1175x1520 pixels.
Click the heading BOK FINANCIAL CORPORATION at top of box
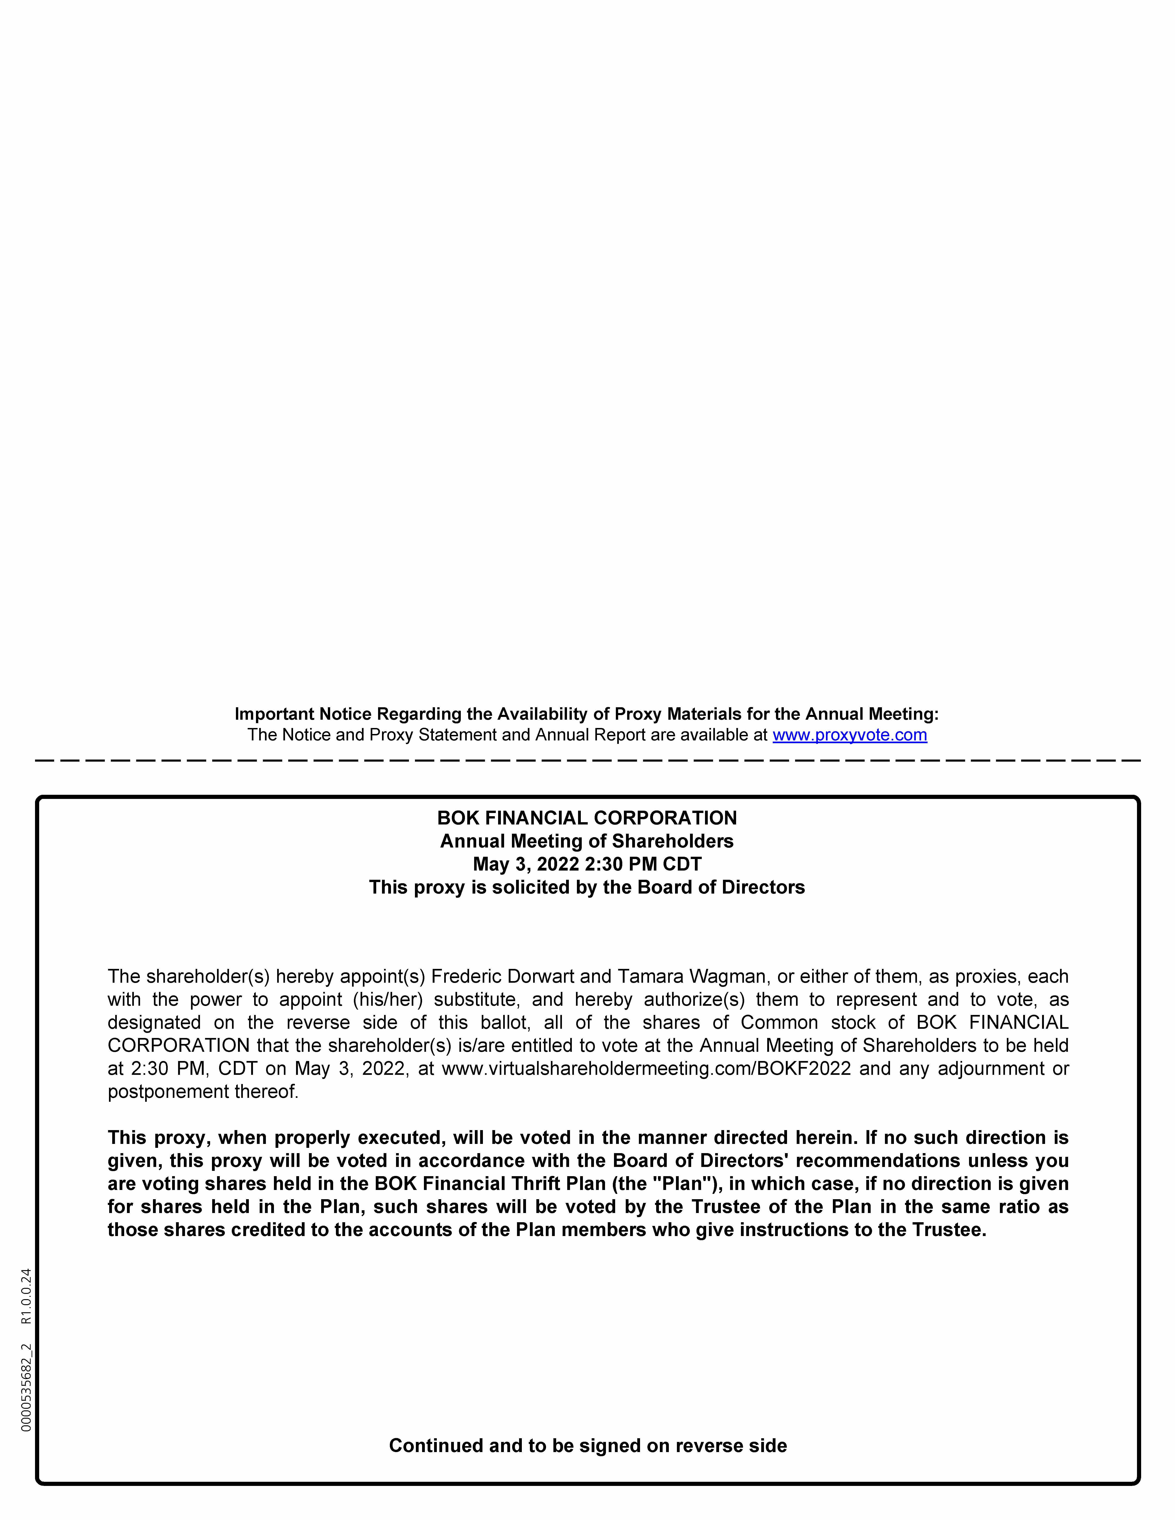pyautogui.click(x=587, y=818)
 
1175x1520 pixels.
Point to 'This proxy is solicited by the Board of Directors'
pyautogui.click(x=587, y=887)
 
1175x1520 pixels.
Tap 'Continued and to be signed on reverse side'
pyautogui.click(x=587, y=1446)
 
